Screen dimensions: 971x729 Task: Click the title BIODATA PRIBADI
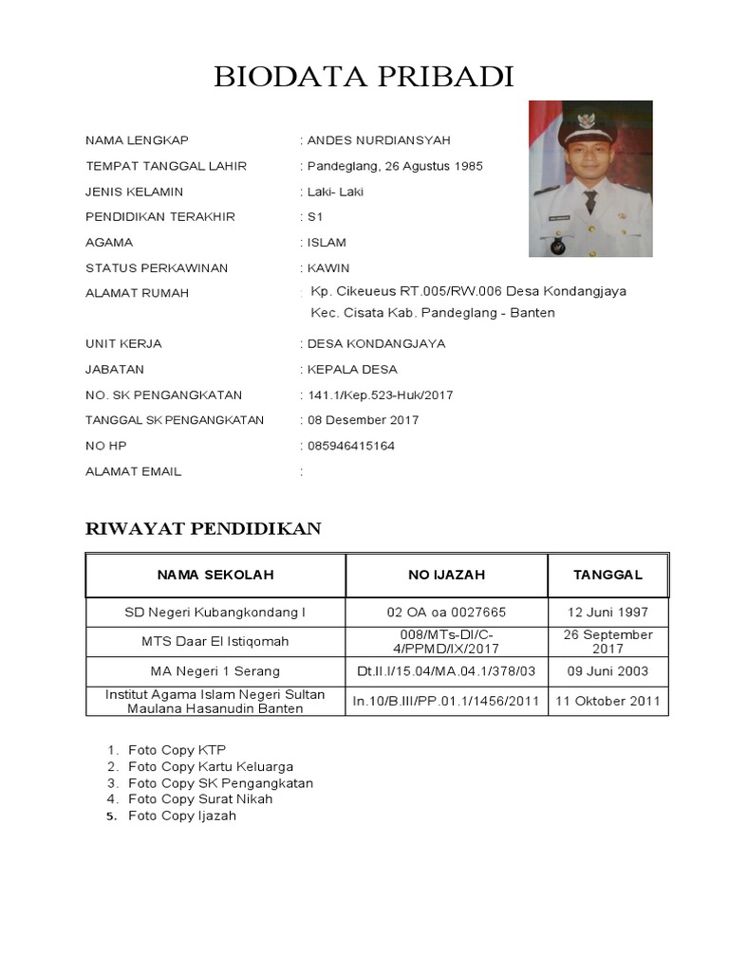click(364, 77)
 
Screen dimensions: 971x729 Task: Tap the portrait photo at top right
click(589, 178)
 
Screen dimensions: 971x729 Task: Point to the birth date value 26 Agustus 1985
click(429, 166)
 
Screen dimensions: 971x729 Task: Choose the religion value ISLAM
click(327, 243)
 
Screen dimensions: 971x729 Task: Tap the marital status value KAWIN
click(328, 268)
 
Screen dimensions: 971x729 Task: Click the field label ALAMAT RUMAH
click(137, 293)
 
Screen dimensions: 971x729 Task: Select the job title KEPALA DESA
click(352, 369)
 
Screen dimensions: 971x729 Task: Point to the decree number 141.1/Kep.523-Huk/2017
click(380, 394)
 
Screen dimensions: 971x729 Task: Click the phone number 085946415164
click(351, 446)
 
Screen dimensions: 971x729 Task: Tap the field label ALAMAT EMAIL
click(133, 471)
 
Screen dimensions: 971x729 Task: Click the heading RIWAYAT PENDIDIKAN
click(203, 529)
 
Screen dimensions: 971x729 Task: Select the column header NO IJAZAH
click(446, 575)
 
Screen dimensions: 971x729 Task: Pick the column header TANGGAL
click(607, 575)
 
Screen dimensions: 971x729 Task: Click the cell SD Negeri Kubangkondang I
click(215, 613)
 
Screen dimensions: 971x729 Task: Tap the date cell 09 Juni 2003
click(607, 671)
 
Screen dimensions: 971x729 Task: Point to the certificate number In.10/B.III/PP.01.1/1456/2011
click(446, 702)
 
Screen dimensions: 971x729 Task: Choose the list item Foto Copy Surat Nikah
click(200, 798)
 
